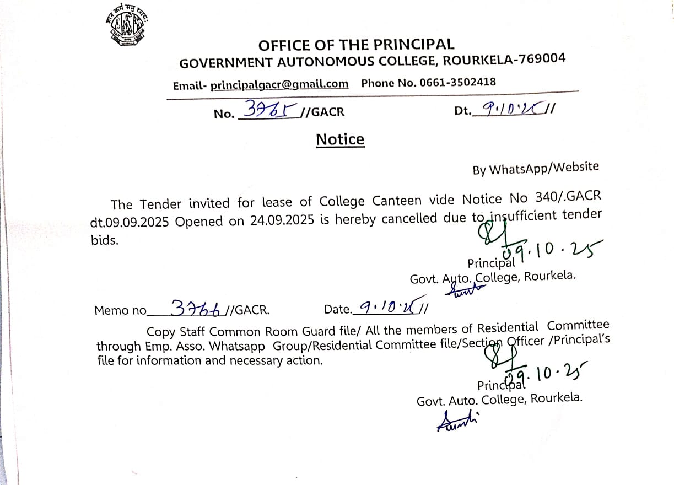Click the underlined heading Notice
340,139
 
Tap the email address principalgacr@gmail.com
279,84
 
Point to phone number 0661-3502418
457,82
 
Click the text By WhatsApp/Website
535,168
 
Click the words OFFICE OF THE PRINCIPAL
356,45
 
